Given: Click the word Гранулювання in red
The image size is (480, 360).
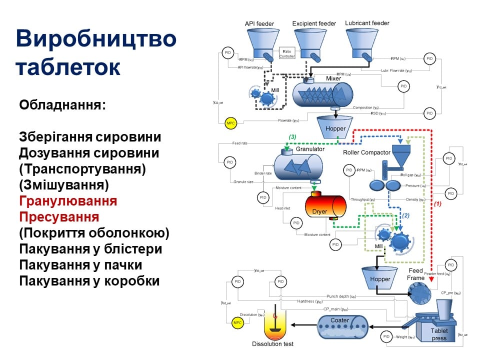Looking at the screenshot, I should click(x=68, y=201).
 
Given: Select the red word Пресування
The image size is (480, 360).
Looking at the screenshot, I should click(x=59, y=217).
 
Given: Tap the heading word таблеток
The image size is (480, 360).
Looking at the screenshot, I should click(x=67, y=66).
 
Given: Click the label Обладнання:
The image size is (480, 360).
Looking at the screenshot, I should click(x=62, y=105).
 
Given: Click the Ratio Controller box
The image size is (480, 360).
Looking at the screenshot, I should click(x=287, y=53).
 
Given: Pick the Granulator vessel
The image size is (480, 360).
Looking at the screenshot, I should click(x=298, y=165).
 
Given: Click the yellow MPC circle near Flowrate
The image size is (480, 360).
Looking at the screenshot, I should click(x=230, y=123).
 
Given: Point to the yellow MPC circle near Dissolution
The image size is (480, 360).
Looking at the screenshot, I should click(x=238, y=322).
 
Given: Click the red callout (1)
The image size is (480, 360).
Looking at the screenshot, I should click(x=437, y=204).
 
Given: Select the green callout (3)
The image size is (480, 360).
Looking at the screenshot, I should click(x=292, y=137).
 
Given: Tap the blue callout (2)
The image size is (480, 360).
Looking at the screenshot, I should click(x=406, y=215).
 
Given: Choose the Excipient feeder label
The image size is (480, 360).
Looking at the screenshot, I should click(x=314, y=23).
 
